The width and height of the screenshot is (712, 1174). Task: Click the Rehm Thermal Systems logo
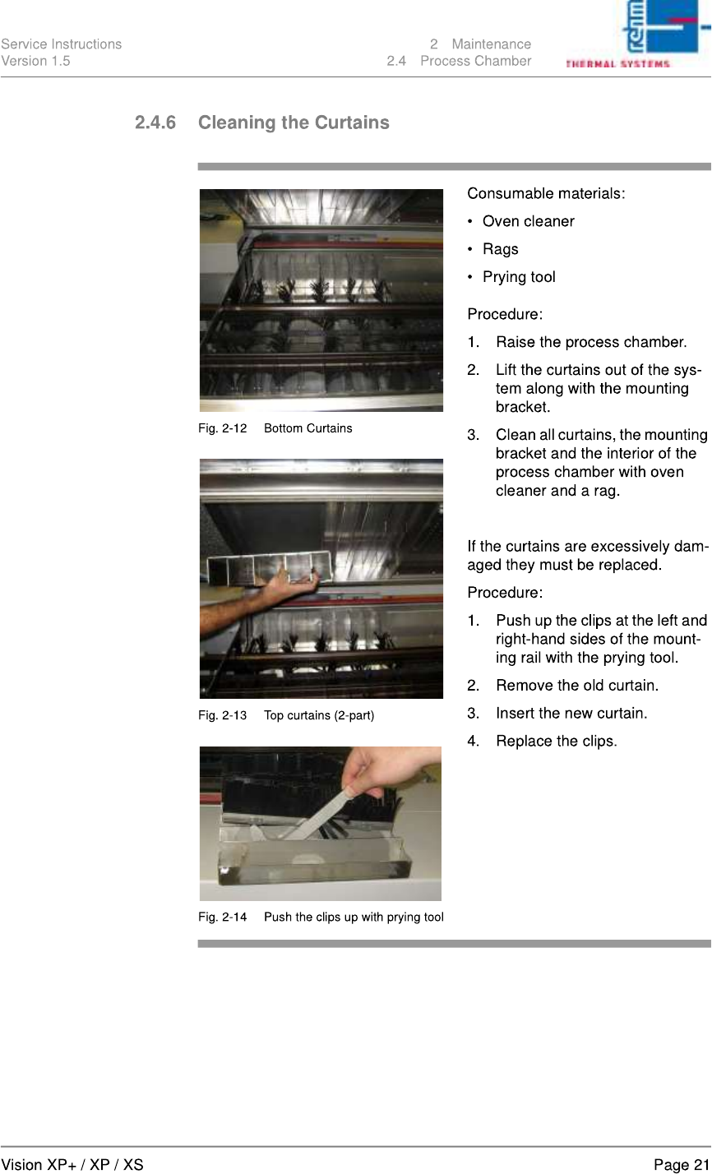click(637, 35)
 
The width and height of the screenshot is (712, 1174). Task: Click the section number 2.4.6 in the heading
click(155, 122)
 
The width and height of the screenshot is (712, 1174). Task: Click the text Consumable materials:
click(546, 194)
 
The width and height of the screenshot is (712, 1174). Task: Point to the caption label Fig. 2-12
click(222, 428)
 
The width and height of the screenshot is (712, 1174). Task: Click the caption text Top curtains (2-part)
click(319, 715)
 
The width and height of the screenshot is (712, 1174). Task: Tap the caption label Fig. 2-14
click(222, 917)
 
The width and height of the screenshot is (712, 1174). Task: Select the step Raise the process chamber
click(591, 342)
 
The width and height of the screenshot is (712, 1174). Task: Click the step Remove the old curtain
click(576, 686)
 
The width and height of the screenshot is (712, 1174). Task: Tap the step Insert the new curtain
click(571, 714)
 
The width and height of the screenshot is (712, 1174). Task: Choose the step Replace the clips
click(557, 741)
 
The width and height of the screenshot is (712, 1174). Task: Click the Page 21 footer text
click(682, 1165)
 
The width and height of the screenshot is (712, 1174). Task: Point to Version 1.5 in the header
click(35, 62)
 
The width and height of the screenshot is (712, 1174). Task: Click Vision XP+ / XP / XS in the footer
click(72, 1165)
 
